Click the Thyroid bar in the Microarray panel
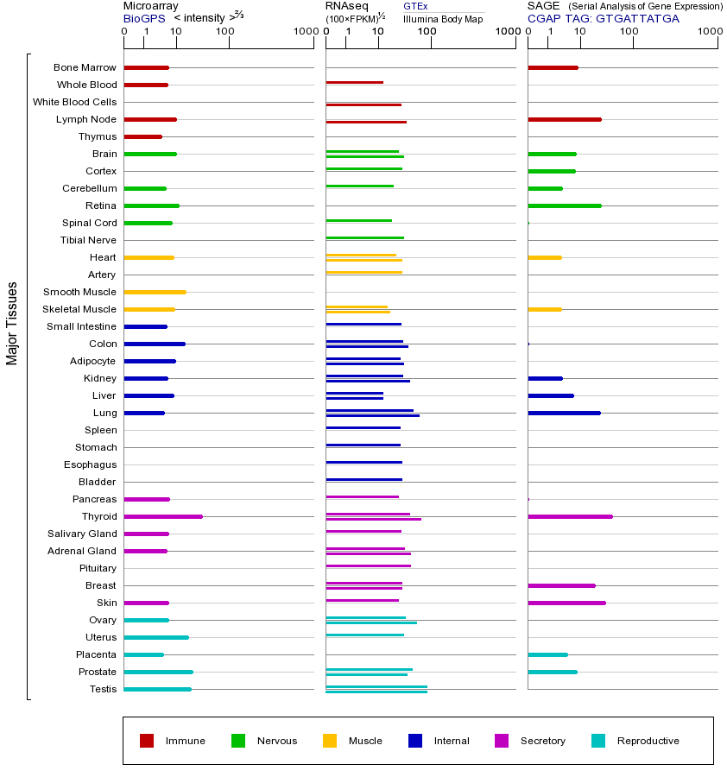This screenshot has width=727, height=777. [x=163, y=516]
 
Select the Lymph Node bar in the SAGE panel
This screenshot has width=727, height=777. [x=564, y=119]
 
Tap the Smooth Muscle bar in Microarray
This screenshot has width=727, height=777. [x=155, y=292]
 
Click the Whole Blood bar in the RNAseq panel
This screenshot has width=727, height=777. [x=354, y=82]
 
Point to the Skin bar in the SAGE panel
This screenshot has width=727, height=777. [x=566, y=603]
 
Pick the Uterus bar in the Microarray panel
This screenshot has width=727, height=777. [x=156, y=637]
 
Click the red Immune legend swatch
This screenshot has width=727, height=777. [x=147, y=741]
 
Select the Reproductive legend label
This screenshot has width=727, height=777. [x=648, y=741]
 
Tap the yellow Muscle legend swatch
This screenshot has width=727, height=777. [x=330, y=741]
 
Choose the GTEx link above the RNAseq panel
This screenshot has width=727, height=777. [x=415, y=6]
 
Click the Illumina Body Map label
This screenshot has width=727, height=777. [x=443, y=18]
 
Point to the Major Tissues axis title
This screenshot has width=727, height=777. [x=12, y=323]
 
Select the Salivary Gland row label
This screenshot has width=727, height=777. [x=82, y=534]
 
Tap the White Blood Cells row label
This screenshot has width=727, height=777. [x=74, y=102]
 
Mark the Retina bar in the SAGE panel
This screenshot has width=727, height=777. [x=564, y=205]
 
